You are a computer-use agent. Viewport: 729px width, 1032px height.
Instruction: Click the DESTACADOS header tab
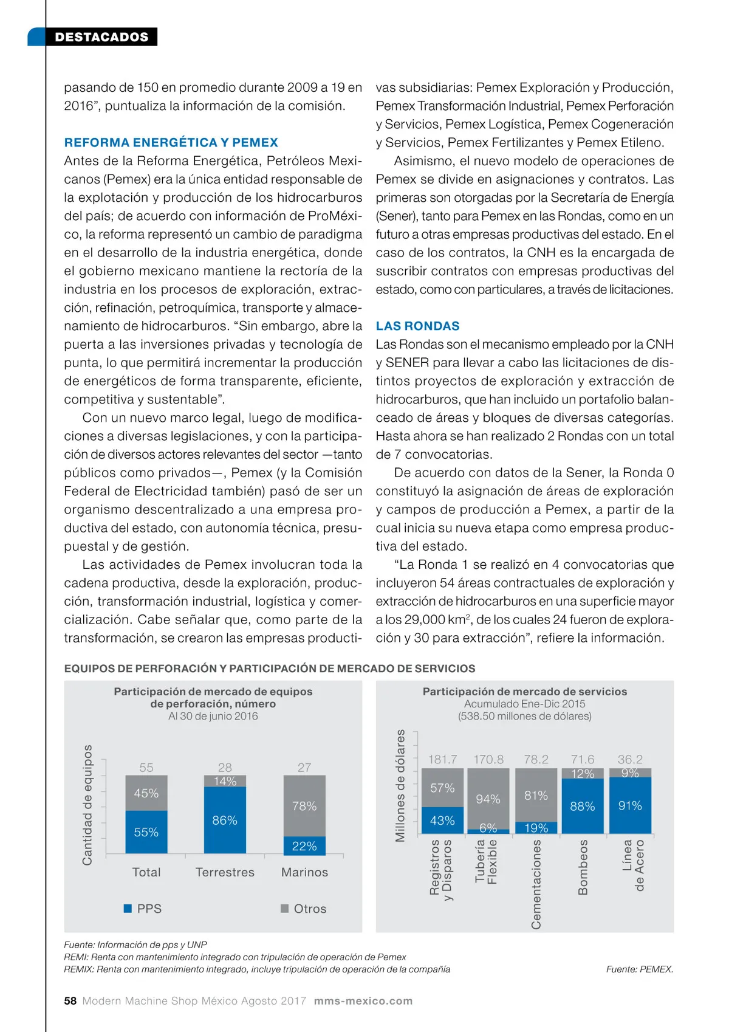(x=101, y=37)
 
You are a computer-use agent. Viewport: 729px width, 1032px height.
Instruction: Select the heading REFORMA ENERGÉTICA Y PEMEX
(x=171, y=143)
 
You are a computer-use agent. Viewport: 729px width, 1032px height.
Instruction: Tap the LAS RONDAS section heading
(x=417, y=326)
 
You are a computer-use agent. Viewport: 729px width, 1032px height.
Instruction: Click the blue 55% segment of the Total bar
(x=146, y=832)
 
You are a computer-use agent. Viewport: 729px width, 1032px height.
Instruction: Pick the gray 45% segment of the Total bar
(x=146, y=793)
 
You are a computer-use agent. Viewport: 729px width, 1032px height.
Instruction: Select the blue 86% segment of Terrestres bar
(x=225, y=820)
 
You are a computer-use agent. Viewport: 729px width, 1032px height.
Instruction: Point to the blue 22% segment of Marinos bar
(x=304, y=846)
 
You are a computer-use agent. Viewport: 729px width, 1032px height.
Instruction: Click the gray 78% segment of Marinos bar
(x=304, y=806)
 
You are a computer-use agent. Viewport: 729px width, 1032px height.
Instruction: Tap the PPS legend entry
(x=143, y=909)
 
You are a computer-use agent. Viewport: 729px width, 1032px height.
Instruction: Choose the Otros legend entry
(x=304, y=909)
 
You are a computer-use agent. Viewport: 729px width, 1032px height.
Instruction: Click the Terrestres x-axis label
(x=225, y=872)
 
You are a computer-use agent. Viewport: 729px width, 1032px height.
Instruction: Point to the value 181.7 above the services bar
(x=442, y=760)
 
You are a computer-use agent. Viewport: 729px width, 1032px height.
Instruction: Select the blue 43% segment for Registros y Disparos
(x=442, y=820)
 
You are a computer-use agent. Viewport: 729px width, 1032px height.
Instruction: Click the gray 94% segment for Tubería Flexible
(x=488, y=799)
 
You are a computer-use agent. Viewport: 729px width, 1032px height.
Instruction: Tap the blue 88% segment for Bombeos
(x=582, y=807)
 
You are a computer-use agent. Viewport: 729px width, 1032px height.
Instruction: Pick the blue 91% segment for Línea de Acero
(x=630, y=806)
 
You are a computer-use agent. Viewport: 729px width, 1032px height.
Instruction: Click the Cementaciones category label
(x=536, y=884)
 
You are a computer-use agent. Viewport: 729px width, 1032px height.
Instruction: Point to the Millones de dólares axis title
(x=400, y=786)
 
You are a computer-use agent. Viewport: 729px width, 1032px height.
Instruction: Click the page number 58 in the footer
(x=70, y=1001)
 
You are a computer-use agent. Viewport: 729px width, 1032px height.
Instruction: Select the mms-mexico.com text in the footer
(x=363, y=1001)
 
